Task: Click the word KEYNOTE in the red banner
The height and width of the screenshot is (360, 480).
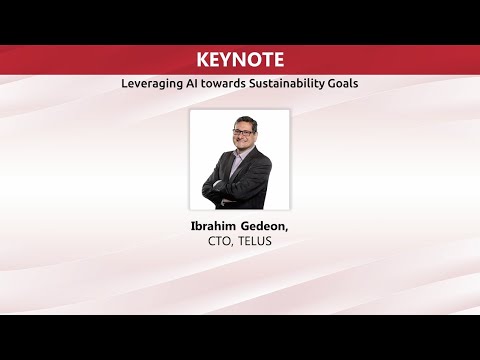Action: pos(239,58)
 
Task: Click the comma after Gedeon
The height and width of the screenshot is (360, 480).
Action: pos(288,229)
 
